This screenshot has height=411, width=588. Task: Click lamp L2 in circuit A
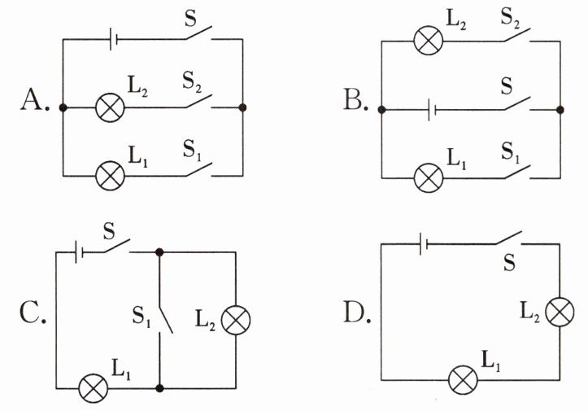pos(110,107)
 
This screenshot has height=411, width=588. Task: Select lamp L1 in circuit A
pos(110,176)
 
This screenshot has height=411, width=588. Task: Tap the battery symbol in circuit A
pos(113,39)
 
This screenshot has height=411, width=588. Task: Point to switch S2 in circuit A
pos(198,102)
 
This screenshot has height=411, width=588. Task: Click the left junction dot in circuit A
pos(63,107)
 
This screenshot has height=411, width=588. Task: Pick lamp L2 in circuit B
pos(429,41)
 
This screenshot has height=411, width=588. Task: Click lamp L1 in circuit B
pos(429,178)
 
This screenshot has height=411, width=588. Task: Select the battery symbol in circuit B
pos(432,110)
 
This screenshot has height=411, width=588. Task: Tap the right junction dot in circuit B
pos(560,110)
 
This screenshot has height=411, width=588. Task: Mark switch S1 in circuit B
pos(517,172)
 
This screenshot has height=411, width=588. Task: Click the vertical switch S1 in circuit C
pos(165,320)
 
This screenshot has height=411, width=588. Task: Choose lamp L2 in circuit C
pos(236,320)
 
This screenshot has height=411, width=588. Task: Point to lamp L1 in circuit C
pos(93,388)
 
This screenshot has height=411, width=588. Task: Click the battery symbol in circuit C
pos(79,251)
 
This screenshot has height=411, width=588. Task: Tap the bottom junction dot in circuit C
pos(159,388)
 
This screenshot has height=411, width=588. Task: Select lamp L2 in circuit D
pos(560,313)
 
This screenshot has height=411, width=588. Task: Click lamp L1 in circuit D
pos(463,380)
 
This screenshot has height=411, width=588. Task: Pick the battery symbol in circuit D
pos(424,244)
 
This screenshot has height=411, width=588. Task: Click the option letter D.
pos(355,313)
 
